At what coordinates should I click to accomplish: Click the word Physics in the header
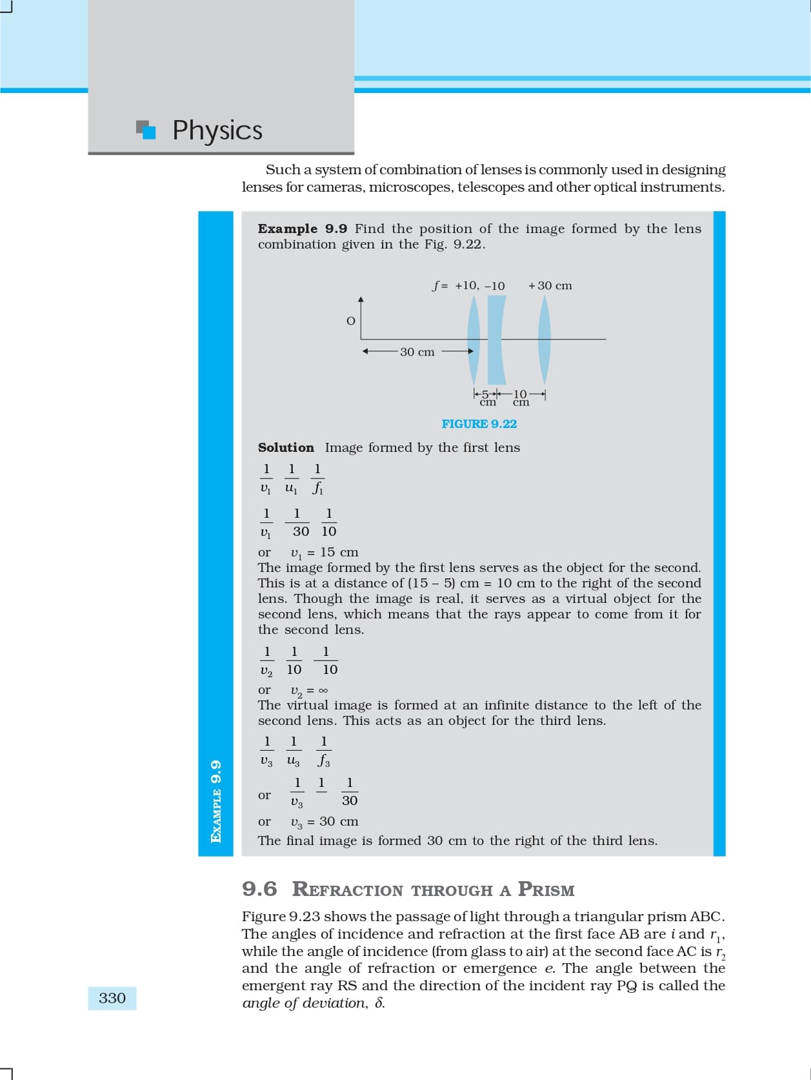217,130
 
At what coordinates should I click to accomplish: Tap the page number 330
112,998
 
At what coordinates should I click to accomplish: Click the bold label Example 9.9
302,229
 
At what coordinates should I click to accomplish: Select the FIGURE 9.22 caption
479,424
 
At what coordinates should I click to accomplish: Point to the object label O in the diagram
351,321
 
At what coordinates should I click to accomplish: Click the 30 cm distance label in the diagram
417,352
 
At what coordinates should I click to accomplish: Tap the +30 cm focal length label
550,285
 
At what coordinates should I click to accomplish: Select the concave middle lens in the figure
496,340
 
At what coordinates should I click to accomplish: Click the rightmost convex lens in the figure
545,340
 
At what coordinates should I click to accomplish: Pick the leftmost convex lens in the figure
474,340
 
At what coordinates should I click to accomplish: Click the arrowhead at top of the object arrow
361,300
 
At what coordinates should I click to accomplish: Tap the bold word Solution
286,447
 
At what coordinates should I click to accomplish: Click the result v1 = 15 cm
325,553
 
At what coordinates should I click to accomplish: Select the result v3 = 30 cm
325,822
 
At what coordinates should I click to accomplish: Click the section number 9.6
259,889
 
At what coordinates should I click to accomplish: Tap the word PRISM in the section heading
546,890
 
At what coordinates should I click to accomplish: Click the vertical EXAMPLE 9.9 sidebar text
216,801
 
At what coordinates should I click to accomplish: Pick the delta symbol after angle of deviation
379,1003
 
